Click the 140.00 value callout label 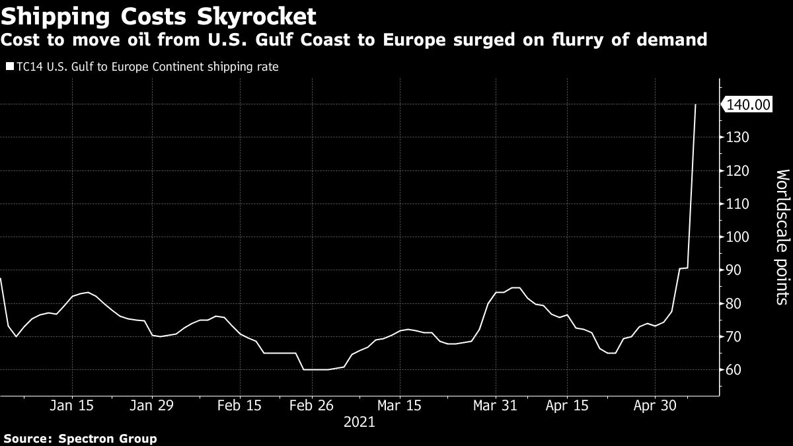[x=749, y=104]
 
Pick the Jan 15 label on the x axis [x=72, y=405]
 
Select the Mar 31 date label [x=495, y=405]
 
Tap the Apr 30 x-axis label [x=654, y=405]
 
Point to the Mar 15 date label [x=399, y=405]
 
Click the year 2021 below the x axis [x=359, y=422]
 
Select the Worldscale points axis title [x=782, y=237]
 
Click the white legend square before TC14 [x=9, y=67]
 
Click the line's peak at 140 [x=695, y=104]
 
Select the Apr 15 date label [x=566, y=405]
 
